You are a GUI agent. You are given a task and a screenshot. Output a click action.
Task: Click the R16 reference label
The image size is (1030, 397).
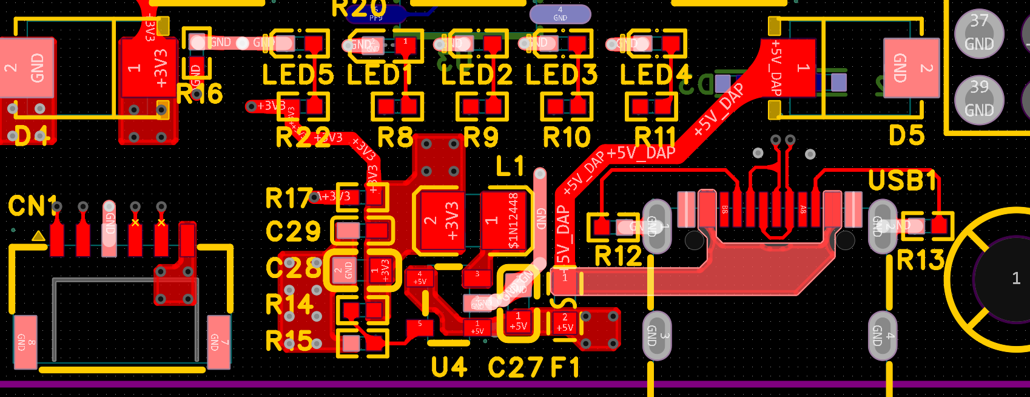[200, 94]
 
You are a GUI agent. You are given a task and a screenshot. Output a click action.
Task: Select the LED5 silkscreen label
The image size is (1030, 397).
[297, 75]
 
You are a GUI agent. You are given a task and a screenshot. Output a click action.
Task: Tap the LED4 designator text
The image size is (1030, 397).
[655, 75]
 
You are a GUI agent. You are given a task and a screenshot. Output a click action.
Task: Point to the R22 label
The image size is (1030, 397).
[303, 138]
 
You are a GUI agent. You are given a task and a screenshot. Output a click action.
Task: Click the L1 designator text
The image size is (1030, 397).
[510, 166]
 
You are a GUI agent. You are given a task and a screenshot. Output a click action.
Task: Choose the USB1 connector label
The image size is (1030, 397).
[903, 181]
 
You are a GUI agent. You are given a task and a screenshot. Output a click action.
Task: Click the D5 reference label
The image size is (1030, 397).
[906, 136]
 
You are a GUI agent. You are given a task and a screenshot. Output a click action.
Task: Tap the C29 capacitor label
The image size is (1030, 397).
[293, 231]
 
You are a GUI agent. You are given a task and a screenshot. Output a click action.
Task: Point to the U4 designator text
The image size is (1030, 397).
[449, 367]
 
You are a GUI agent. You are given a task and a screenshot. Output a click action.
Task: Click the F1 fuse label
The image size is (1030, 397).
[565, 367]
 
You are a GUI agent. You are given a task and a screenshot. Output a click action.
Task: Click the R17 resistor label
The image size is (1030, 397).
[289, 198]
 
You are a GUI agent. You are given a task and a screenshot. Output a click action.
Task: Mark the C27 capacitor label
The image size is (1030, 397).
[516, 367]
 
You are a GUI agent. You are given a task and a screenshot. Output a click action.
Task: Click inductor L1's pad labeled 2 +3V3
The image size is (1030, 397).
[440, 220]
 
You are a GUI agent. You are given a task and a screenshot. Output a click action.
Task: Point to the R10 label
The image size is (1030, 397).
[567, 138]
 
